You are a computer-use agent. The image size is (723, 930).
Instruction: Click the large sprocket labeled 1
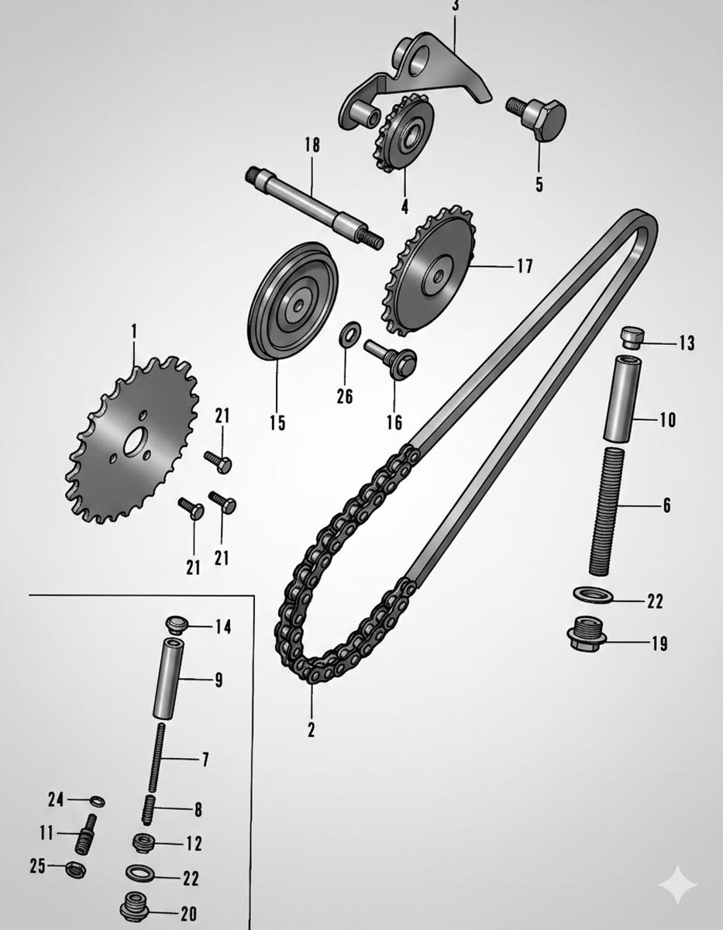pos(132,439)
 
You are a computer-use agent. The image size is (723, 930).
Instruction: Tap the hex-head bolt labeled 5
pos(536,118)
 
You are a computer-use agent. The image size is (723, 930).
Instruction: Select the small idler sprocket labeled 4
pos(405,133)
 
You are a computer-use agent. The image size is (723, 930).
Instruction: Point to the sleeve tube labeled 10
pos(622,397)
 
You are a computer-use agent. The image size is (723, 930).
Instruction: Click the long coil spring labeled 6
pos(607,510)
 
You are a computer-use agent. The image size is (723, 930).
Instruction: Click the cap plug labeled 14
pos(175,625)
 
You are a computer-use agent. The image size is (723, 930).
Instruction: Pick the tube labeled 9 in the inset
pos(167,678)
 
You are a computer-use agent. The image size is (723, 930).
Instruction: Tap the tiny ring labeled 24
pos(98,801)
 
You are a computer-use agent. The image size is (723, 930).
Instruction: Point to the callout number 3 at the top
pos(455,7)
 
